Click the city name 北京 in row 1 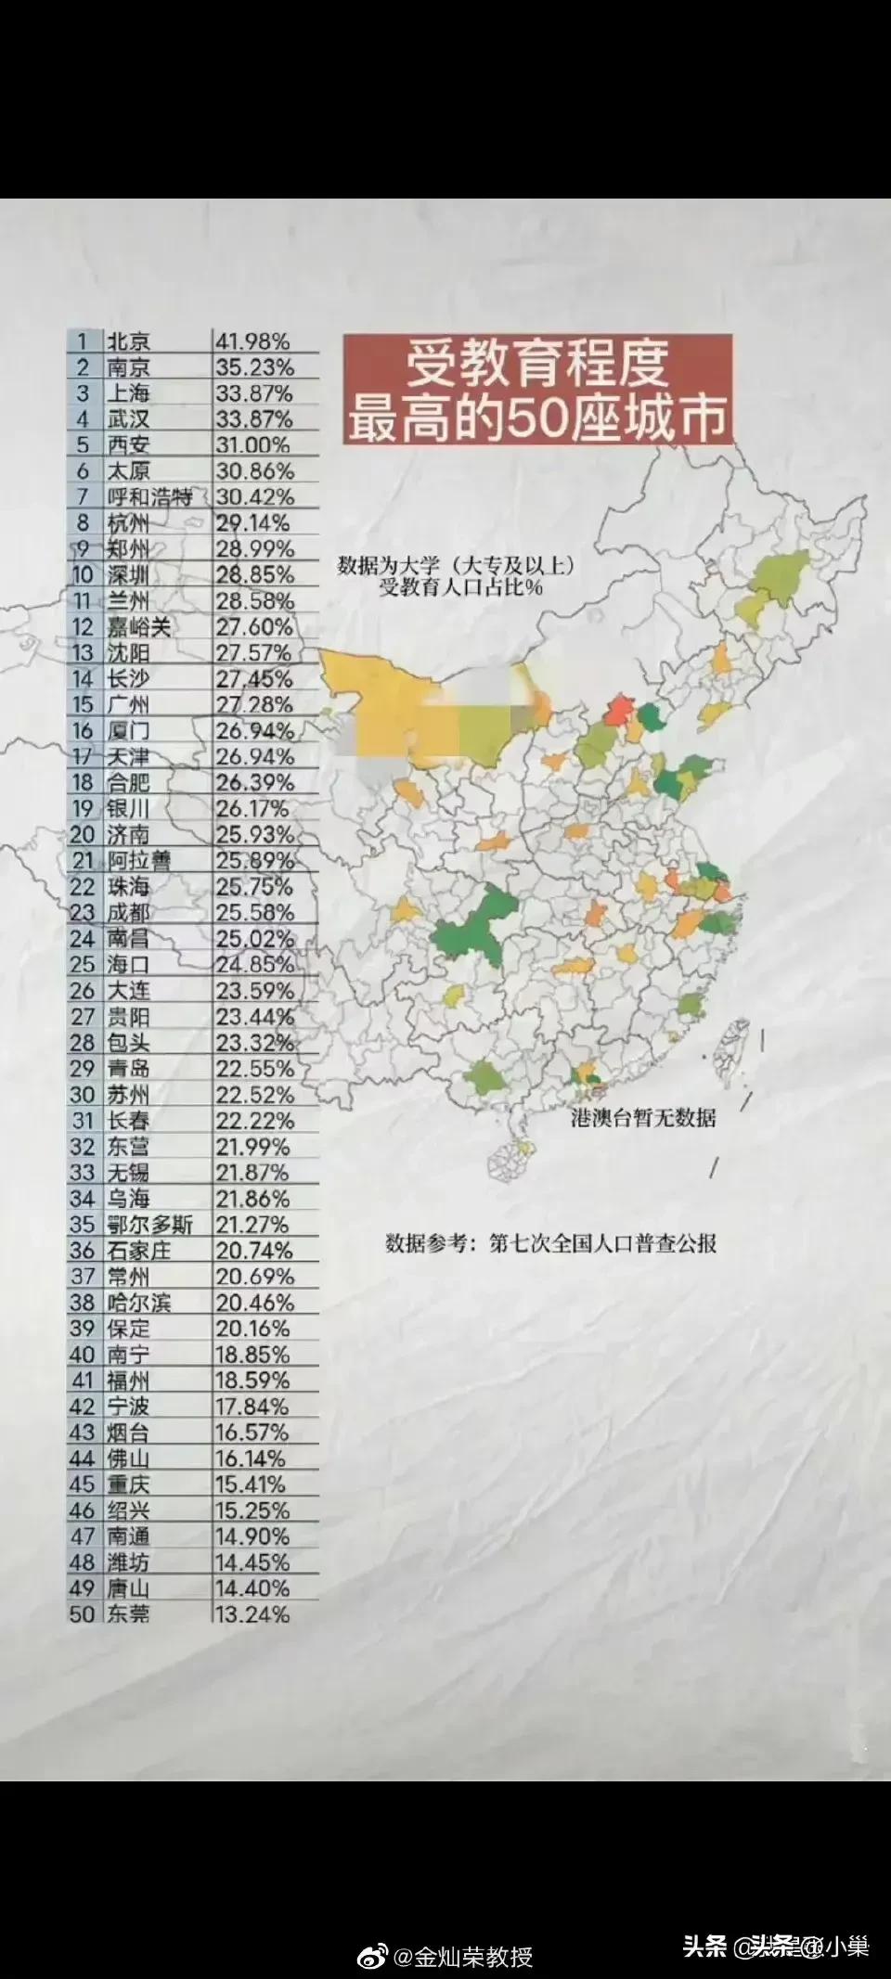tap(128, 341)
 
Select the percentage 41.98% tap(253, 341)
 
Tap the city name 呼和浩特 tap(148, 497)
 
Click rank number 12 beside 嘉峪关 tap(83, 627)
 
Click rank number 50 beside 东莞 tap(83, 1614)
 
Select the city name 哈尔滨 tap(138, 1303)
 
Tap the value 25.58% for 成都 tap(254, 913)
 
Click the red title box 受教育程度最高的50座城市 tap(538, 391)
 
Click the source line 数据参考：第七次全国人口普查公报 tap(551, 1243)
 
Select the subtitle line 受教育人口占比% tap(460, 587)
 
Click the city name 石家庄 tap(138, 1251)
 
